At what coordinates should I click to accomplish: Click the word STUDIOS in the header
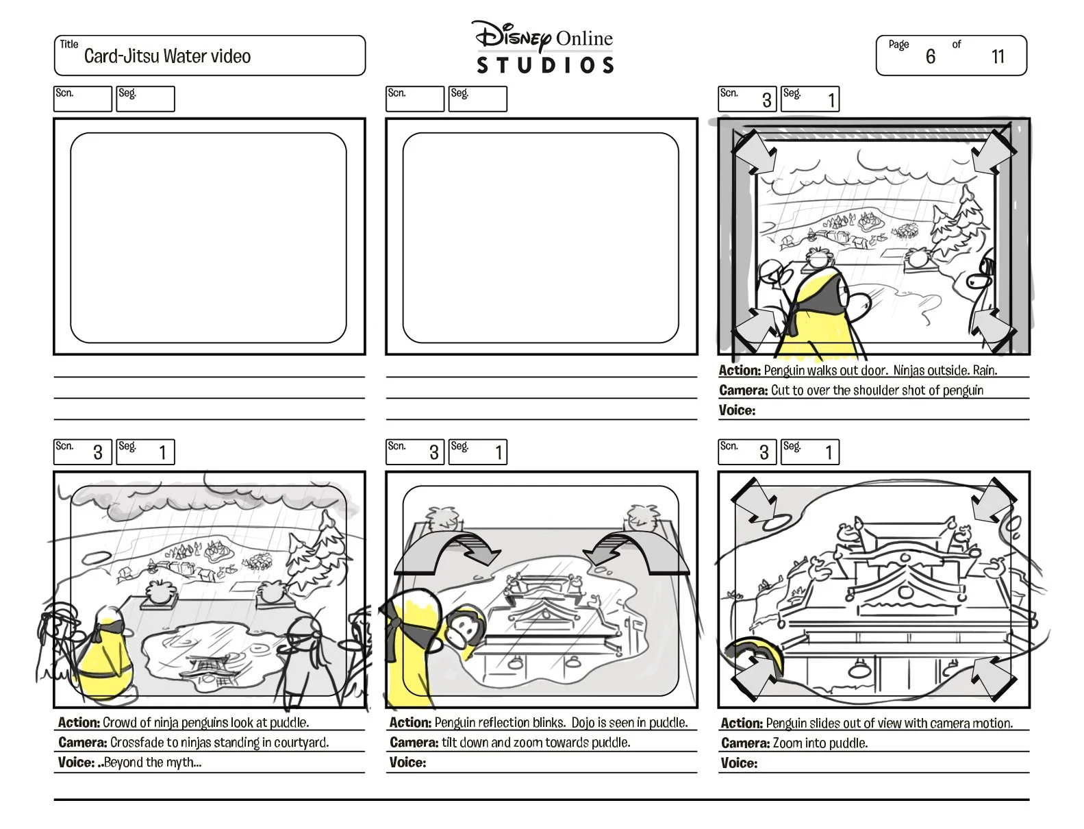[x=545, y=66]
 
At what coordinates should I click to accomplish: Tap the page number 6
[x=930, y=57]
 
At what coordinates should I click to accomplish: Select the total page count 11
[x=998, y=57]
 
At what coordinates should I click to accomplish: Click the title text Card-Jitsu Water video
[x=167, y=56]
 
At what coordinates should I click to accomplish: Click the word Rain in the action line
[x=984, y=371]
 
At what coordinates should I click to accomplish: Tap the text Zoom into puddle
[x=820, y=743]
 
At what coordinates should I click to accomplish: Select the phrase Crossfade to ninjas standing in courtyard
[x=219, y=743]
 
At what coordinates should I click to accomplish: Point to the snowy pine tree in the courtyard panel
[x=315, y=552]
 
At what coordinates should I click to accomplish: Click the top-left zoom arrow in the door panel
[x=755, y=151]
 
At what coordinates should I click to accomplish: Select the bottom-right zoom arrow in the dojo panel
[x=993, y=678]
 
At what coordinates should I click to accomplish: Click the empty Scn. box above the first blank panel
[x=82, y=99]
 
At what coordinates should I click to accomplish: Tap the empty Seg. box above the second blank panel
[x=478, y=99]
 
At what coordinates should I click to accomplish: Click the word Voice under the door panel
[x=737, y=410]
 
